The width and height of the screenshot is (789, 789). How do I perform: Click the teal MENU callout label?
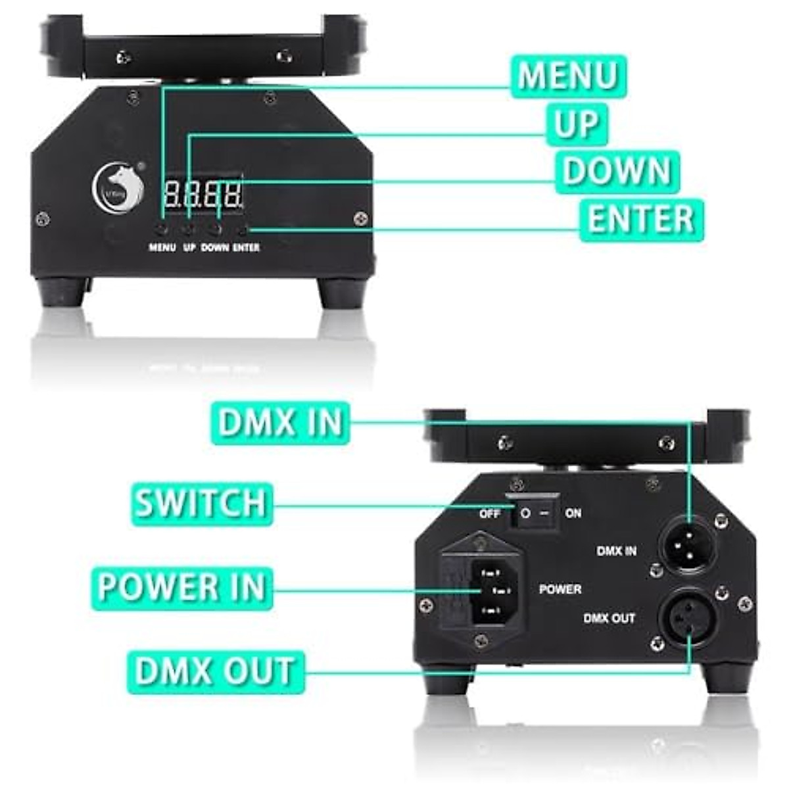pos(568,77)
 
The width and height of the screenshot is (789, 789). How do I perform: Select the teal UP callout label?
pos(577,125)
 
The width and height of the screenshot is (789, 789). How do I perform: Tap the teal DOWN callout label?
pos(617,172)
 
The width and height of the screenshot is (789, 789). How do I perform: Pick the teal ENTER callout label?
pos(641,220)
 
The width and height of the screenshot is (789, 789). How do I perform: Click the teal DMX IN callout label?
pos(281,423)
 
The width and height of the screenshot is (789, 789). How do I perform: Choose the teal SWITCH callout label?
pos(201,504)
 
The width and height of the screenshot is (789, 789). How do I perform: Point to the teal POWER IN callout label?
pos(181,587)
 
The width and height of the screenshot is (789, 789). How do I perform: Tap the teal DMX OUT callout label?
pos(215,671)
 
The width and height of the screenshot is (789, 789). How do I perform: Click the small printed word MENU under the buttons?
pos(162,248)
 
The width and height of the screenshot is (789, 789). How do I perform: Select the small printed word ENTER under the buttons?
pos(246,248)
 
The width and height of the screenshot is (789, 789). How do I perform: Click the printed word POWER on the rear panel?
pos(560,589)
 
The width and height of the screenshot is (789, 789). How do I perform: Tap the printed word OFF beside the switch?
pos(490,514)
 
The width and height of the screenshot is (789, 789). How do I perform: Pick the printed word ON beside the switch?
pos(573,514)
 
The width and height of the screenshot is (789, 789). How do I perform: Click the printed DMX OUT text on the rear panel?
pos(609,618)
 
